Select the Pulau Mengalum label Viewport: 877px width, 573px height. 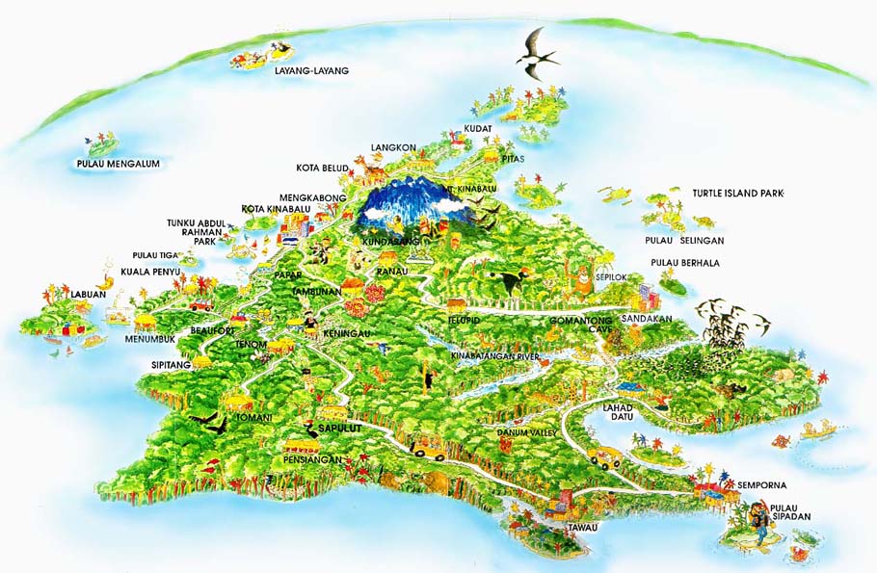coord(118,164)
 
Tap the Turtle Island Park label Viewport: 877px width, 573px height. coord(738,194)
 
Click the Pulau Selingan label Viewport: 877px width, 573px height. coord(684,240)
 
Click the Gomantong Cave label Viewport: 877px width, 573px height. coord(581,325)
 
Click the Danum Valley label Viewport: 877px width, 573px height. coord(527,433)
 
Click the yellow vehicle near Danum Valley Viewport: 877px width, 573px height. coord(428,447)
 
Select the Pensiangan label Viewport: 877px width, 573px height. coord(314,459)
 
